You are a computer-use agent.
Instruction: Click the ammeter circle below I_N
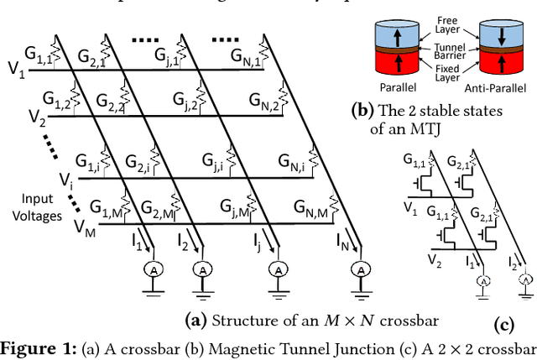pos(360,269)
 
